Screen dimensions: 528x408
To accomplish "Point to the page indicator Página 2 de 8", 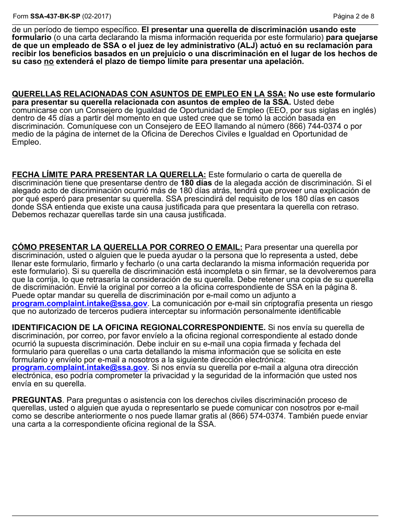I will tap(353, 16).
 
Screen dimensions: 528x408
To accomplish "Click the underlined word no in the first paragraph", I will tap(49, 61).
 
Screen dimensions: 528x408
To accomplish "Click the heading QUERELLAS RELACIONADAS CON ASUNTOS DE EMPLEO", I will tap(149, 94).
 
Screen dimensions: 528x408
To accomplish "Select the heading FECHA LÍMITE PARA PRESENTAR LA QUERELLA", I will tap(109, 175).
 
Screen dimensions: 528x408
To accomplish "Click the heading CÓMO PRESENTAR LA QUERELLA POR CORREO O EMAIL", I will tap(127, 247).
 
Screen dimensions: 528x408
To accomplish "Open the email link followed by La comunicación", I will tap(79, 303).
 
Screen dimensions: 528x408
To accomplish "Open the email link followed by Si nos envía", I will tap(79, 367).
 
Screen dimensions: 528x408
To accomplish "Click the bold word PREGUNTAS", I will tap(37, 400).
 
